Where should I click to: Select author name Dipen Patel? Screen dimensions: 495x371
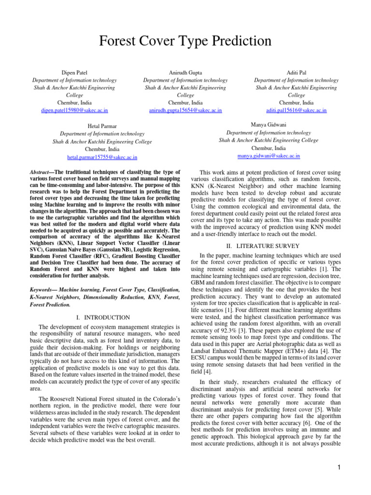(74, 73)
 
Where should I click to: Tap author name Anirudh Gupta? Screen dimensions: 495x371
(185, 73)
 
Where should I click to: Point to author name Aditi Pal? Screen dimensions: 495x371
(297, 73)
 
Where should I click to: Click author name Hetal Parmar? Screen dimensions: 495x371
(102, 127)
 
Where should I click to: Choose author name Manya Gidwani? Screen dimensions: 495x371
(269, 125)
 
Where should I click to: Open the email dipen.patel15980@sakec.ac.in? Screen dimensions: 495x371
(74, 111)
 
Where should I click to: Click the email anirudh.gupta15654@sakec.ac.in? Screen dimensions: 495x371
(185, 111)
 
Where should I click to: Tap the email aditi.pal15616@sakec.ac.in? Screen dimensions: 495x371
(297, 110)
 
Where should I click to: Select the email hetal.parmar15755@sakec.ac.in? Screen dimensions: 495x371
(102, 158)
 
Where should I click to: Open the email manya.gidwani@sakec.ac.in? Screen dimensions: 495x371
(269, 156)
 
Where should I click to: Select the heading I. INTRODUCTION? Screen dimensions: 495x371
(104, 318)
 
